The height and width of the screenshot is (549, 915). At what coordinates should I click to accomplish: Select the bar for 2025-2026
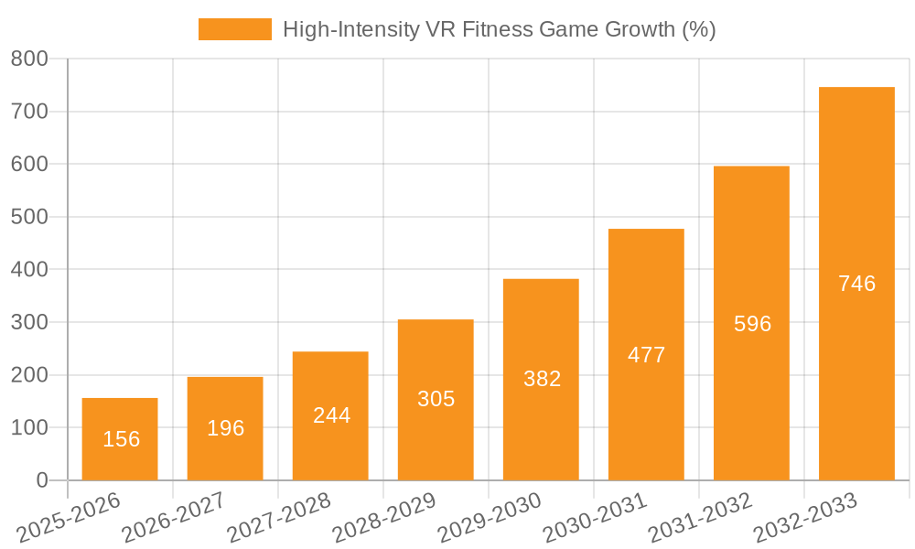pyautogui.click(x=120, y=439)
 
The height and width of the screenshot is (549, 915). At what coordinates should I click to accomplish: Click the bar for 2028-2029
pyautogui.click(x=436, y=400)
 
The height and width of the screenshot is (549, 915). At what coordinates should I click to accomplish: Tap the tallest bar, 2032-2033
pyautogui.click(x=856, y=284)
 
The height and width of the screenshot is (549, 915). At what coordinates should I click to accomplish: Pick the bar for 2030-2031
pyautogui.click(x=646, y=355)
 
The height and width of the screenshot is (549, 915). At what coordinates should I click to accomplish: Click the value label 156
pyautogui.click(x=122, y=439)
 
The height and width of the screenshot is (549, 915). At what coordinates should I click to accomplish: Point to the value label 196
pyautogui.click(x=225, y=428)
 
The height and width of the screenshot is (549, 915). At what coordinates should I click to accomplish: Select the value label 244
pyautogui.click(x=331, y=415)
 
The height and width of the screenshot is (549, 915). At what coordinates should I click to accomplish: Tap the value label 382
pyautogui.click(x=542, y=379)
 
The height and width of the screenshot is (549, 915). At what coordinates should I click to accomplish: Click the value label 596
pyautogui.click(x=752, y=324)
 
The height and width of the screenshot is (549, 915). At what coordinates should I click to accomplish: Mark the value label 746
pyautogui.click(x=856, y=284)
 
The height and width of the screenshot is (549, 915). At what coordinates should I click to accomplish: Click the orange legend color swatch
pyautogui.click(x=235, y=29)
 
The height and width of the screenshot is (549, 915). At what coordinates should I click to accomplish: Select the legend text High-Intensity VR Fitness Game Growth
pyautogui.click(x=499, y=29)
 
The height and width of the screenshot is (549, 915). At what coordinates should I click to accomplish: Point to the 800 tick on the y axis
pyautogui.click(x=29, y=59)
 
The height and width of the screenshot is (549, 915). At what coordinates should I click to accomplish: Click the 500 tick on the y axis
pyautogui.click(x=29, y=217)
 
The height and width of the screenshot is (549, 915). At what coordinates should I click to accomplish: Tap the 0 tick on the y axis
pyautogui.click(x=42, y=480)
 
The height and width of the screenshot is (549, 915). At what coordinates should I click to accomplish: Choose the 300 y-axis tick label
pyautogui.click(x=29, y=322)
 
